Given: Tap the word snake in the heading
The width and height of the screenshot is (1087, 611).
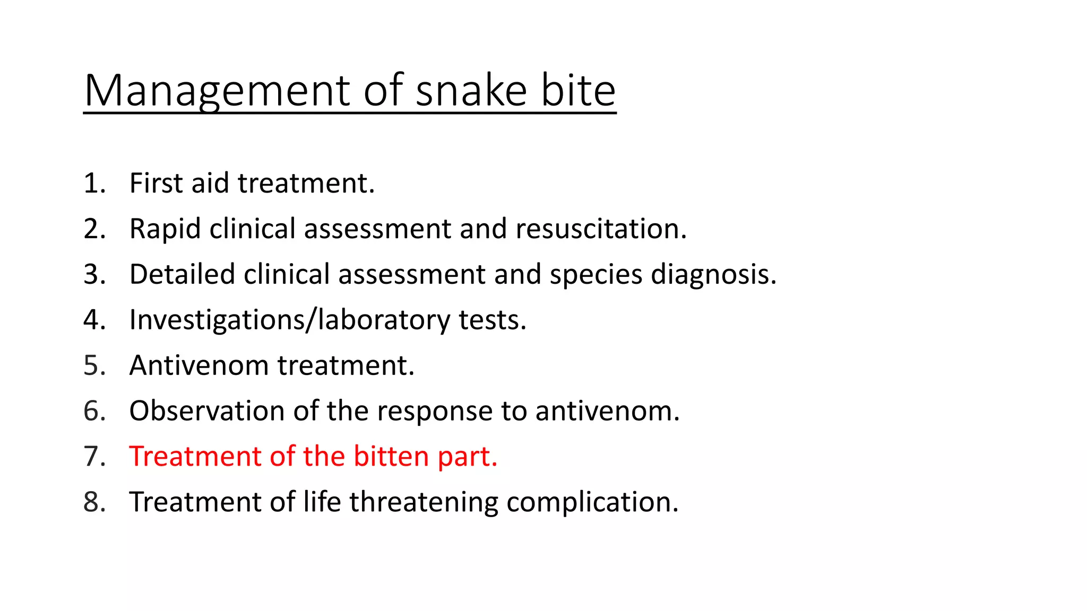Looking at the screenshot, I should tap(471, 91).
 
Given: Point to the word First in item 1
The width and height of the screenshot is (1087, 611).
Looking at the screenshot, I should tap(157, 184).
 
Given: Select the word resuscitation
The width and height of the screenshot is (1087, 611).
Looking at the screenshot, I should tap(601, 229).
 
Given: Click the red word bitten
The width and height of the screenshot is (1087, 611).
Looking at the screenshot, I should tap(391, 457).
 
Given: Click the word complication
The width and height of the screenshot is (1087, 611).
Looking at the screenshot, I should tap(592, 502).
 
